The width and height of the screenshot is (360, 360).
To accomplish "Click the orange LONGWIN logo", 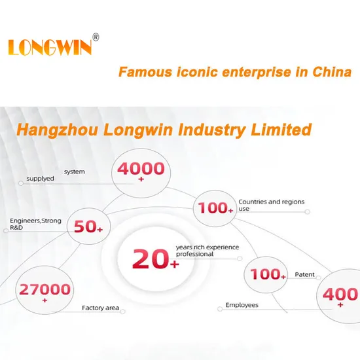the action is [x=50, y=47].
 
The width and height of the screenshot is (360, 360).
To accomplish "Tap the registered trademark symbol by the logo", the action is [x=96, y=37].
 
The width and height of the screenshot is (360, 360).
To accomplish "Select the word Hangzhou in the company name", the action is [x=57, y=130].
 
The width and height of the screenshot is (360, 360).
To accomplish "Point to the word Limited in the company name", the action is [x=281, y=130].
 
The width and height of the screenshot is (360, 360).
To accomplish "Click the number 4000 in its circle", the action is [x=141, y=168].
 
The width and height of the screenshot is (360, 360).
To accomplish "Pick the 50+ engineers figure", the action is [x=88, y=226].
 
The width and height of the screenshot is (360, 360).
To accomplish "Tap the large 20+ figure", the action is [x=155, y=259].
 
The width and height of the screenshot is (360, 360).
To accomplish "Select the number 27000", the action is [x=45, y=289].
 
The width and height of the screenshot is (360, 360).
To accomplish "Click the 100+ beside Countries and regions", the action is [x=215, y=208].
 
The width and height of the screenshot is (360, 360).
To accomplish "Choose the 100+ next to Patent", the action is [x=268, y=274].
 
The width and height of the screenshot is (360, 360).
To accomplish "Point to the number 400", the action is [x=340, y=294].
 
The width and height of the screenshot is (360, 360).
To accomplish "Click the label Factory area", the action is [x=101, y=308].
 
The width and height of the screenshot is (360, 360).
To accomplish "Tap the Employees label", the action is [x=242, y=305].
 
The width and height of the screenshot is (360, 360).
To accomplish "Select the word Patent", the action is [x=304, y=275].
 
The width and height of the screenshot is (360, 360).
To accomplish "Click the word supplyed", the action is [x=40, y=179].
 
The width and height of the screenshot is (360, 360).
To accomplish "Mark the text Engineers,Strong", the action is [x=35, y=221].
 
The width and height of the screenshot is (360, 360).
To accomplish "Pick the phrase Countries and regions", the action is [x=272, y=202].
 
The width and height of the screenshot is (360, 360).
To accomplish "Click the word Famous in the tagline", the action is [x=145, y=72].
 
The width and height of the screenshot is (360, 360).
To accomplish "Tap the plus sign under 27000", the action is [x=45, y=300].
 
